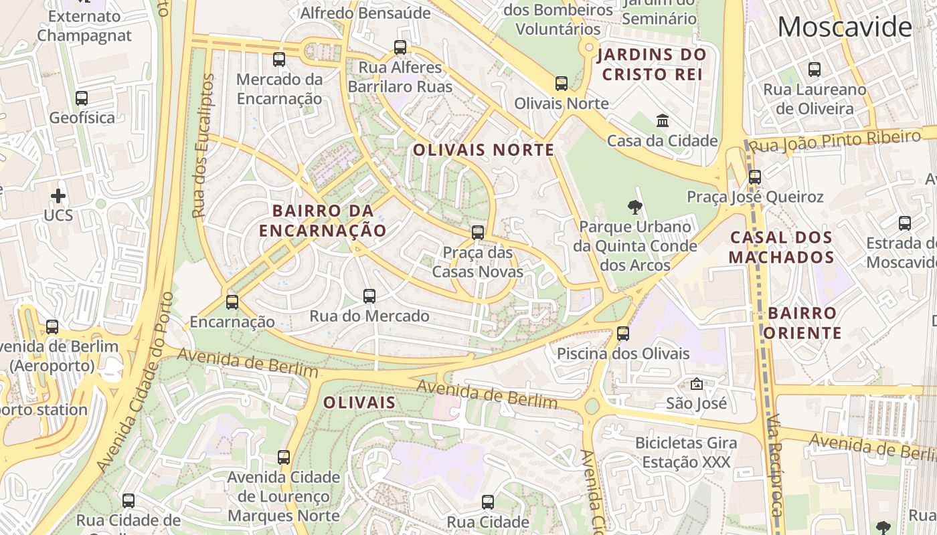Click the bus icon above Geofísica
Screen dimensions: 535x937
pos(82,98)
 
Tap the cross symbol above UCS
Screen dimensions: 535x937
pos(58,196)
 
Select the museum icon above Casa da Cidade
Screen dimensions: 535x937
pos(663,121)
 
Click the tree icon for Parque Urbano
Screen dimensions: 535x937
pos(634,207)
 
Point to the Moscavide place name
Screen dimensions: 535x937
pos(845,27)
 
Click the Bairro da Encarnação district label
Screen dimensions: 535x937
pos(323,221)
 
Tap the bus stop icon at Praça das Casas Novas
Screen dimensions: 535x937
pos(478,233)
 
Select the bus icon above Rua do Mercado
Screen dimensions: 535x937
pos(369,296)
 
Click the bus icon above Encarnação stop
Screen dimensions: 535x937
pos(232,302)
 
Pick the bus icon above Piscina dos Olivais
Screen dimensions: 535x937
pos(623,333)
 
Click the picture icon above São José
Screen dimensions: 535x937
pos(697,384)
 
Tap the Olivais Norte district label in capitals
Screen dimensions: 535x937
pos(483,150)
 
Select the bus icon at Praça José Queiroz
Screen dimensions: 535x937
pos(755,177)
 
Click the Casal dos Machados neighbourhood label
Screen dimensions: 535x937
pos(781,247)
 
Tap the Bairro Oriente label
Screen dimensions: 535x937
pos(802,323)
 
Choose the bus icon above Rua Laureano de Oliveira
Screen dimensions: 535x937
pos(815,69)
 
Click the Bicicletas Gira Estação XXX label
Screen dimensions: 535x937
pos(686,452)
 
